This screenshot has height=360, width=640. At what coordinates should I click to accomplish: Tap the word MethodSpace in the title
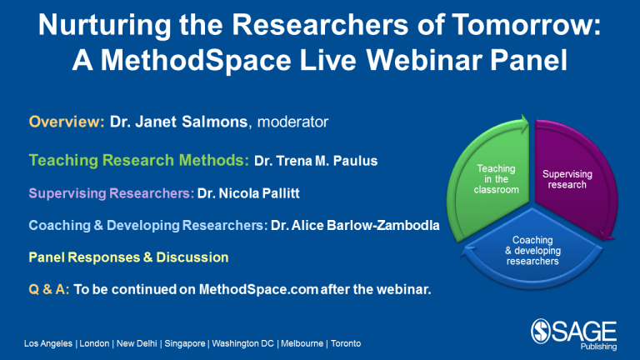[196, 60]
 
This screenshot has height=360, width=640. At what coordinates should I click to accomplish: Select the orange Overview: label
[67, 122]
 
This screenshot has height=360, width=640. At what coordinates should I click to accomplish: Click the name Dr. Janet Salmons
[179, 122]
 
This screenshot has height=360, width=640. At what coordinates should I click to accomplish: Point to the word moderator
[292, 122]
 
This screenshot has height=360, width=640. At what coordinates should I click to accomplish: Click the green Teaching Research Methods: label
[139, 160]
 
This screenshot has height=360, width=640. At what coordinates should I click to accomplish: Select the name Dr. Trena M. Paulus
[316, 161]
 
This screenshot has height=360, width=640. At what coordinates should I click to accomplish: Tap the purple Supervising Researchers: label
[112, 193]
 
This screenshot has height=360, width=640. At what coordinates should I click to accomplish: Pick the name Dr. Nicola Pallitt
[248, 193]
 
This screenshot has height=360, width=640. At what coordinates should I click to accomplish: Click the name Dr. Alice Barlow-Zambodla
[355, 225]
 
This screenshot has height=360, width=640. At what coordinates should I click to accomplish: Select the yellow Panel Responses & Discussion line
[128, 257]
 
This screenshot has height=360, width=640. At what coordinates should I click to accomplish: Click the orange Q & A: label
[49, 289]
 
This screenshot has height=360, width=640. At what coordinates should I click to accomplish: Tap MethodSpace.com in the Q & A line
[258, 289]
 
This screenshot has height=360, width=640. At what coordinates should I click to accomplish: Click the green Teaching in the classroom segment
[492, 180]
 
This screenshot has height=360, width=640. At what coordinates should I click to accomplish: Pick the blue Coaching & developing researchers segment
[532, 251]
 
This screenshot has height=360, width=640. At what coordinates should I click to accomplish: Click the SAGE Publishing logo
[574, 335]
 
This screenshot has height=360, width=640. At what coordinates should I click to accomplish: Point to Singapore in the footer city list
[185, 343]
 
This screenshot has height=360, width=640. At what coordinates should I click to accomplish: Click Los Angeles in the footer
[48, 343]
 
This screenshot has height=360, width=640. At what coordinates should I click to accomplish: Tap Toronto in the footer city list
[346, 343]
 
